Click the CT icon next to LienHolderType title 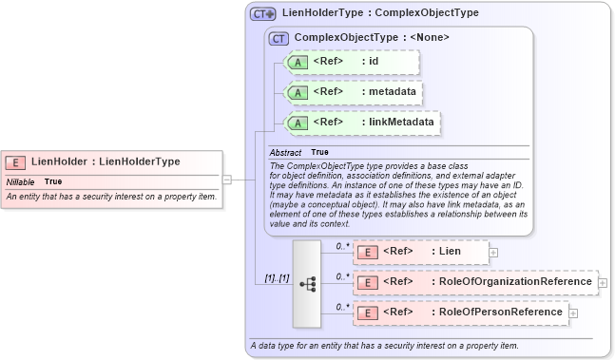coord(263,14)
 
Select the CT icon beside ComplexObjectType coord(279,38)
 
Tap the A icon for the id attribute coord(298,62)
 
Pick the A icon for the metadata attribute coord(298,92)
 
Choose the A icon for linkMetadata coord(298,123)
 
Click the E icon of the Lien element coord(367,252)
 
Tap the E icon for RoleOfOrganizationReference coord(367,282)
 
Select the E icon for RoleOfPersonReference coord(367,313)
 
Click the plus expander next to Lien coord(494,253)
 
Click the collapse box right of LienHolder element coord(227,178)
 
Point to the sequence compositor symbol coord(307,283)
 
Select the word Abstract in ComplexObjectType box coord(285,152)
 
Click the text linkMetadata coord(402,123)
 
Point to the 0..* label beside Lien coord(341,246)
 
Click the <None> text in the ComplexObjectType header coord(429,38)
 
